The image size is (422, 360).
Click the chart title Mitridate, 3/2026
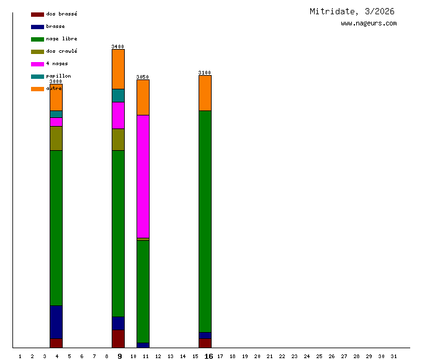pyautogui.click(x=352, y=11)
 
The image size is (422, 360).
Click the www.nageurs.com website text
pyautogui.click(x=369, y=24)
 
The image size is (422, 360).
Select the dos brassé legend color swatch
pyautogui.click(x=37, y=14)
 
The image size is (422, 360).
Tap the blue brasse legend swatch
pyautogui.click(x=37, y=27)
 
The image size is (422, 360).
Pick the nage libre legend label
pyautogui.click(x=61, y=39)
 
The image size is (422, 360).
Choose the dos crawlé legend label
pyautogui.click(x=61, y=52)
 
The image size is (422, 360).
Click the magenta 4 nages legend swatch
pyautogui.click(x=37, y=64)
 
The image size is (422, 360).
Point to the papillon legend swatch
pyautogui.click(x=37, y=76)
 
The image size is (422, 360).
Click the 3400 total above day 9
pyautogui.click(x=118, y=47)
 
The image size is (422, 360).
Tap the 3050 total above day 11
pyautogui.click(x=143, y=77)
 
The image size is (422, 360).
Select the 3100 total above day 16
pyautogui.click(x=205, y=73)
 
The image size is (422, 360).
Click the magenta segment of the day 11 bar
pyautogui.click(x=143, y=176)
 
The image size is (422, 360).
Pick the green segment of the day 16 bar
pyautogui.click(x=205, y=221)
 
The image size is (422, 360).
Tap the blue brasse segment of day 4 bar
pyautogui.click(x=56, y=322)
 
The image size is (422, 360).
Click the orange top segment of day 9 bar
pyautogui.click(x=118, y=69)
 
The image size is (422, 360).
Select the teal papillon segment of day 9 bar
pyautogui.click(x=118, y=96)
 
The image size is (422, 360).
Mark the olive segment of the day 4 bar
pyautogui.click(x=56, y=138)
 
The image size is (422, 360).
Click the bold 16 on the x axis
pyautogui.click(x=209, y=356)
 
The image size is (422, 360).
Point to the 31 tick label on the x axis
pyautogui.click(x=393, y=356)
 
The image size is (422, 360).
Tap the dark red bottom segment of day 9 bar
pyautogui.click(x=118, y=338)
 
